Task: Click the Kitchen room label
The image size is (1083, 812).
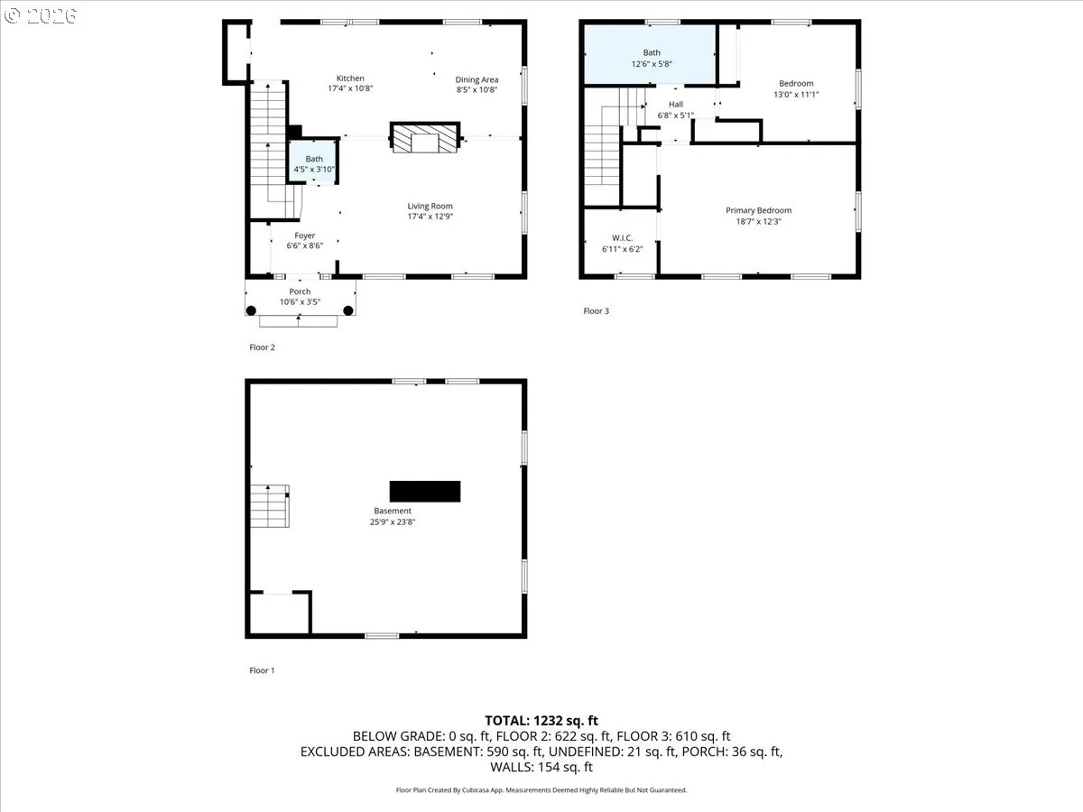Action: coord(350,78)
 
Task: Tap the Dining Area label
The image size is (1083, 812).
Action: coord(477,79)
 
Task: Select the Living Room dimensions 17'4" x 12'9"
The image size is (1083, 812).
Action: coord(430,217)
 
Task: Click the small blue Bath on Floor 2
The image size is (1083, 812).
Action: coord(313,163)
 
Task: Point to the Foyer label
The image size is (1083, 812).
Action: coord(304,235)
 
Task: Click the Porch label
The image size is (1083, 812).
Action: coord(300,291)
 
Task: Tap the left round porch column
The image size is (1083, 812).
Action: coord(252,310)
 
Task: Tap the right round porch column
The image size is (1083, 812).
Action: coord(348,310)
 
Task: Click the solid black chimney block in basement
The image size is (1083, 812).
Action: coord(425,491)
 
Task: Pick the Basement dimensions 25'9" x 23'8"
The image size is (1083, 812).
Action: coord(393,521)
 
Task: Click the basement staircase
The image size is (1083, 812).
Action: coord(269,507)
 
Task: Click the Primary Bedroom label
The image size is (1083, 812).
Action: coord(758,210)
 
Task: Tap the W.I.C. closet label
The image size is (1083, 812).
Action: coord(622,238)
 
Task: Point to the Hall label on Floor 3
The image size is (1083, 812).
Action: coord(675,104)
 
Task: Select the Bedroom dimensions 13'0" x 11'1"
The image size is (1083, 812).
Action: coord(796,95)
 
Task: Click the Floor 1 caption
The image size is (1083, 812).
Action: coord(262,670)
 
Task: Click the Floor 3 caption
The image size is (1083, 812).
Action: coord(596,311)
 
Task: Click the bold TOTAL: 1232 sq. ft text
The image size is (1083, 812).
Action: coord(541,720)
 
